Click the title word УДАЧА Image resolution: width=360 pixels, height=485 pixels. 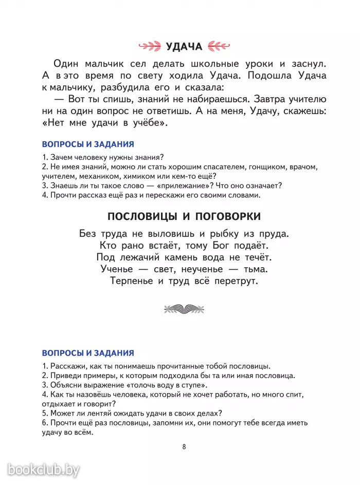(184, 47)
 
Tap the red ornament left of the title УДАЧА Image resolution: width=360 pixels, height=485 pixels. (152, 47)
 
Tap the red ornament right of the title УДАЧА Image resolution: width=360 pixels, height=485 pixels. (218, 47)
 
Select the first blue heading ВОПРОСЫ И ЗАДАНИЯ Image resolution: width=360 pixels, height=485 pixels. (87, 144)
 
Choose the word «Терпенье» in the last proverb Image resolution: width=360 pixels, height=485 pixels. (132, 281)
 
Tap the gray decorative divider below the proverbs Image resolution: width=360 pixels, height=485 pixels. (184, 309)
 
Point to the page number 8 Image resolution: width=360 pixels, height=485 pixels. (184, 446)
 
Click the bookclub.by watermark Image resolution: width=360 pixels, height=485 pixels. (44, 469)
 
